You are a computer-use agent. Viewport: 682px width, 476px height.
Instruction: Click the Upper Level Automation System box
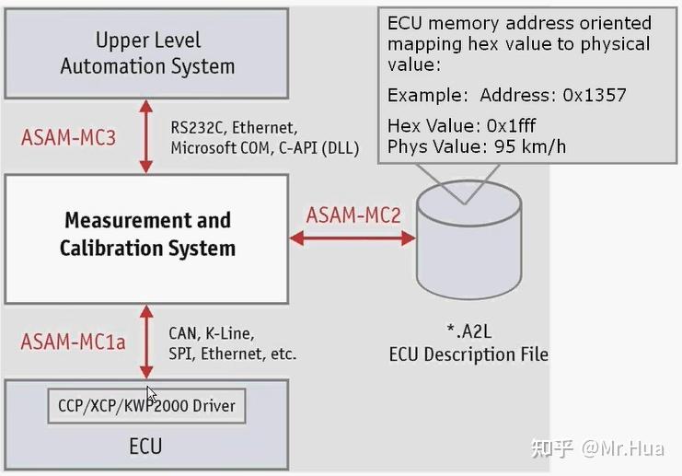(147, 52)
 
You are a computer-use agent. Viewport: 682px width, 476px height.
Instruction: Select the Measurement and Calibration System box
(147, 235)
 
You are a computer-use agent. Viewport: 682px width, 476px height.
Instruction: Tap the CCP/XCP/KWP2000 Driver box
(147, 406)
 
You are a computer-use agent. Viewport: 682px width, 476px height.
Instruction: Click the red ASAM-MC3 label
(68, 139)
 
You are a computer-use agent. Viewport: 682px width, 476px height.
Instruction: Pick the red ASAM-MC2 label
(353, 215)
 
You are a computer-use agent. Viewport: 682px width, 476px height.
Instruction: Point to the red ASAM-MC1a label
(73, 342)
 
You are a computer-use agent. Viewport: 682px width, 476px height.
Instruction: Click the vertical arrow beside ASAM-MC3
(145, 138)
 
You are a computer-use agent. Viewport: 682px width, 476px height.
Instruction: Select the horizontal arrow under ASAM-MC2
(353, 238)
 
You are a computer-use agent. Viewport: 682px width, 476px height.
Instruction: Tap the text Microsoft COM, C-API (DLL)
(264, 148)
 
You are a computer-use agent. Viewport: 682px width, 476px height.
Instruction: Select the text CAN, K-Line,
(211, 332)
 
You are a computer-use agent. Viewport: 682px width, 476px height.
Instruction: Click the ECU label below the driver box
(146, 447)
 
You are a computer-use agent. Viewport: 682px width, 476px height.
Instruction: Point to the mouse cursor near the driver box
(151, 393)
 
